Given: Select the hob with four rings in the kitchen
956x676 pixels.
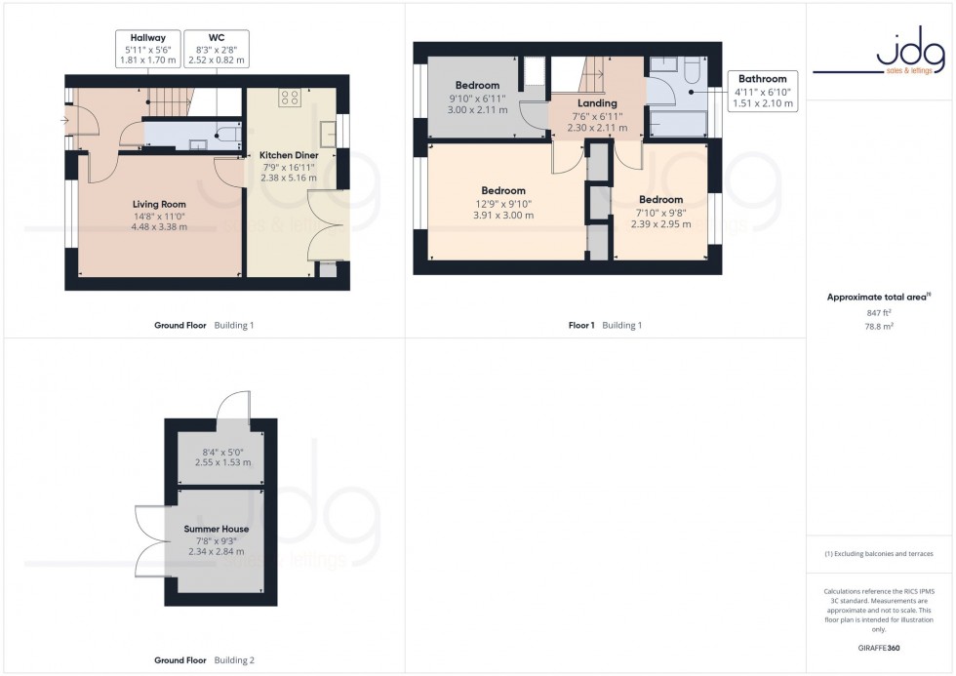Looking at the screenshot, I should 291,97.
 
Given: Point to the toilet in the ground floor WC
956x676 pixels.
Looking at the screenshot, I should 224,135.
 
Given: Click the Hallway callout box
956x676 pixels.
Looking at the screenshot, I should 140,48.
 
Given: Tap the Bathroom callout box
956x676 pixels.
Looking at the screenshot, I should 763,91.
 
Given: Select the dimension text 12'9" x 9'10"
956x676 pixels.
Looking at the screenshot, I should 502,204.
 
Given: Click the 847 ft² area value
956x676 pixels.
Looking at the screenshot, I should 879,312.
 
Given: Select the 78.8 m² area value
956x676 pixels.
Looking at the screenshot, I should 879,327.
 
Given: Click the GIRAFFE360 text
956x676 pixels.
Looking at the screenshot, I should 879,648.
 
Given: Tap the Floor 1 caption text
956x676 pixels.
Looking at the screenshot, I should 581,325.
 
